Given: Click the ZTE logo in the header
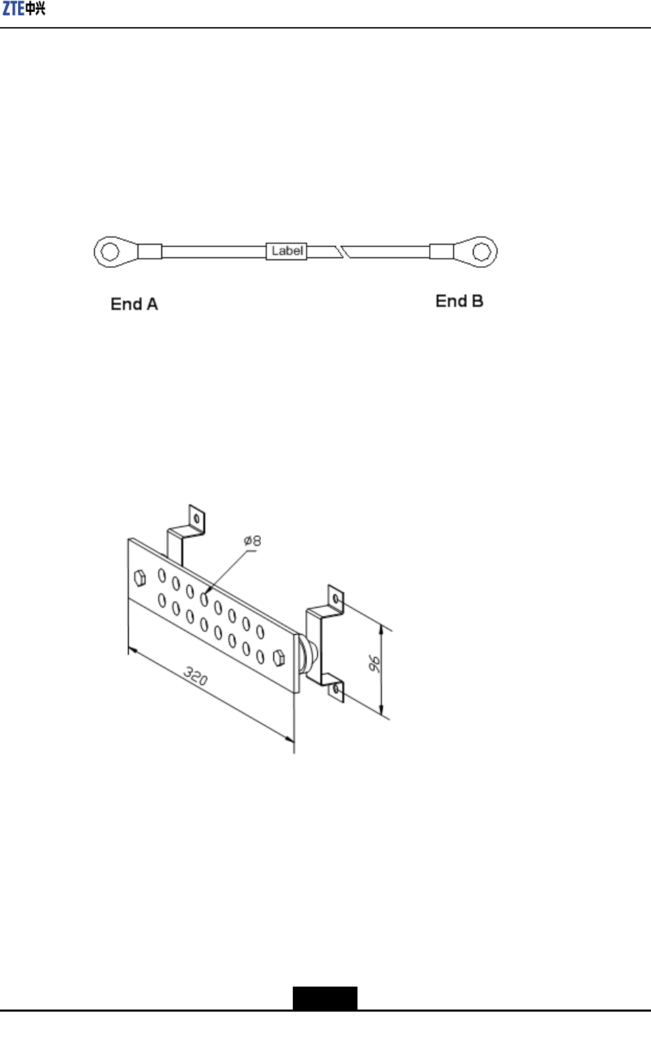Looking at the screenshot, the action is click(x=24, y=9).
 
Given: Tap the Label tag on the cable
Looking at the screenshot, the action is click(x=287, y=251).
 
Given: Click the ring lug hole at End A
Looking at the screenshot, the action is click(x=109, y=252).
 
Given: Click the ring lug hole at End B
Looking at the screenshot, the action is click(x=481, y=251).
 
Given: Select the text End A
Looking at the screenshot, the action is click(x=134, y=305).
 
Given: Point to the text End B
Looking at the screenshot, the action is click(x=459, y=301).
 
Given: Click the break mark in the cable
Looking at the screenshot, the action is click(x=341, y=252).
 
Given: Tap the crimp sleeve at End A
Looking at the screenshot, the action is click(x=150, y=252).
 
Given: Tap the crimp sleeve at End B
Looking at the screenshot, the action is click(x=442, y=251).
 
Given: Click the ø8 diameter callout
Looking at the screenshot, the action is click(x=252, y=541).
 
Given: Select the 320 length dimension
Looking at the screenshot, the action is click(x=195, y=675).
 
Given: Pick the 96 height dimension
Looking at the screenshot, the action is click(x=374, y=663).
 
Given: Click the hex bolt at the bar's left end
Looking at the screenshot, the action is click(x=139, y=578).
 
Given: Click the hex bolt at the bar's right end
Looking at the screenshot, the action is click(x=280, y=658).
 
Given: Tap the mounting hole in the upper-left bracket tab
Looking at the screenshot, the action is click(x=197, y=519).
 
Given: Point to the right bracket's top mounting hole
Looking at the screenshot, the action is click(x=336, y=598).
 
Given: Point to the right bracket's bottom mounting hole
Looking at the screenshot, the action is click(x=337, y=689).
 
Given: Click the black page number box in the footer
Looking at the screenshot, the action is click(x=325, y=998).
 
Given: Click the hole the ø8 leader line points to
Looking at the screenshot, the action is click(x=204, y=598).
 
